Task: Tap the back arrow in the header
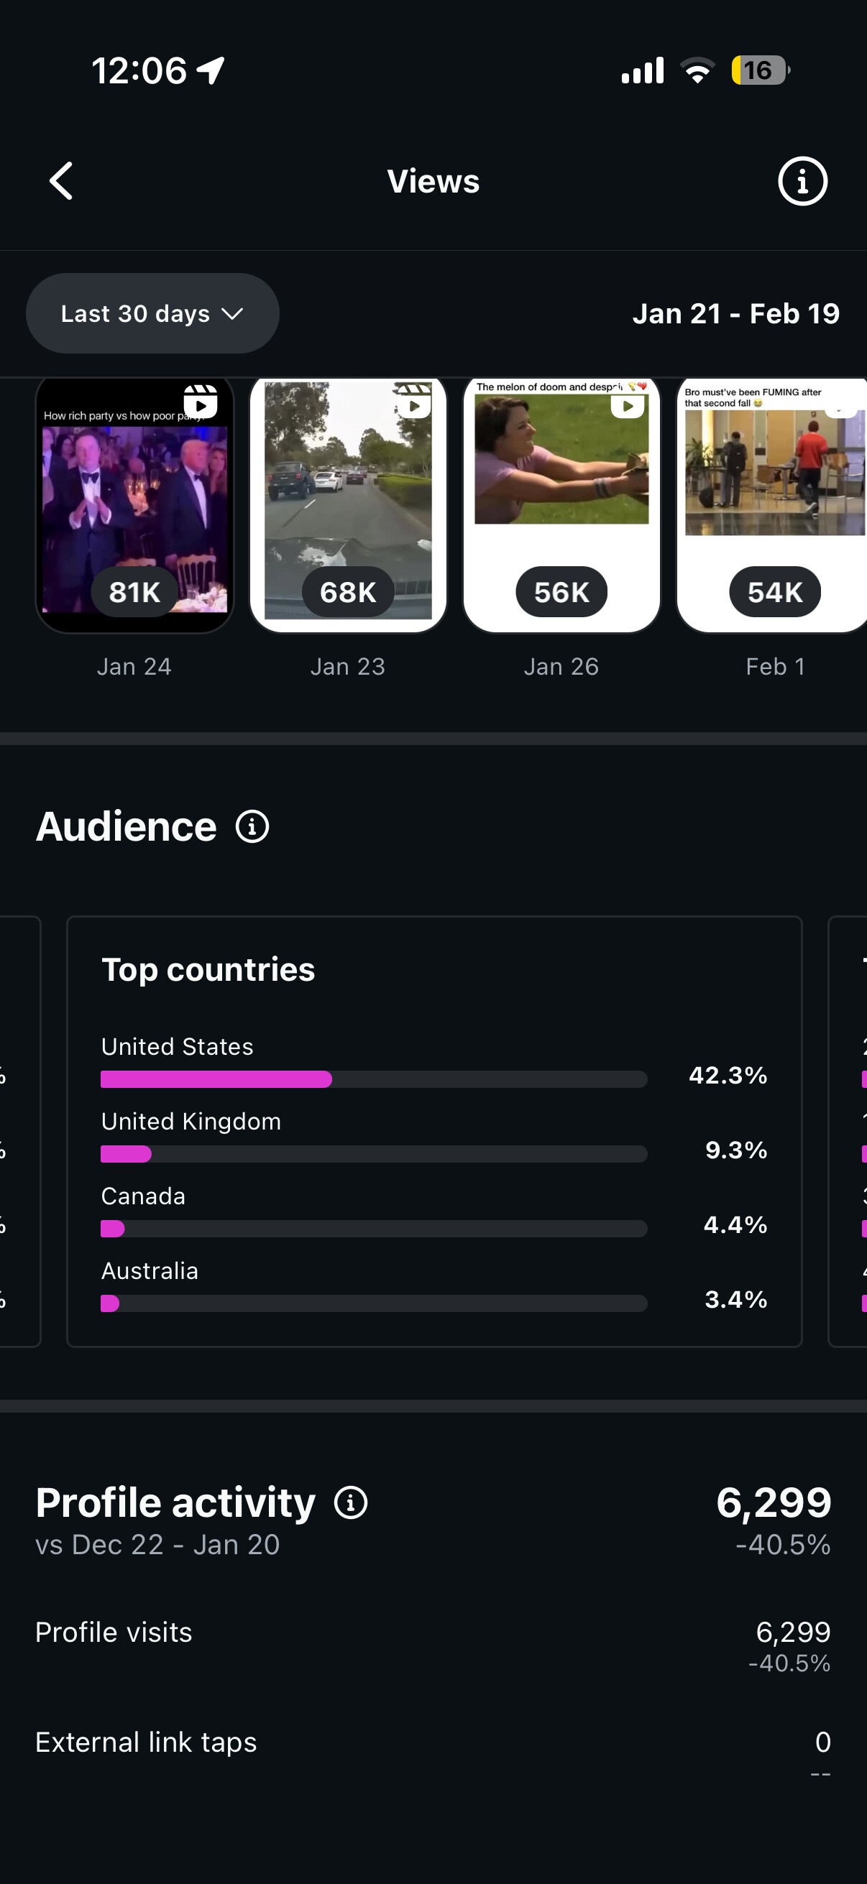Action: click(x=61, y=181)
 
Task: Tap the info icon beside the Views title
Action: click(x=802, y=181)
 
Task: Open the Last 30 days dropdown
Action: click(x=152, y=314)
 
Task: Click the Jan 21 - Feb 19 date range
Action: click(x=735, y=314)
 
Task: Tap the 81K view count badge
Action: click(x=134, y=591)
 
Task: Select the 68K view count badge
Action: click(x=348, y=591)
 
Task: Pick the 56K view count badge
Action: click(x=561, y=591)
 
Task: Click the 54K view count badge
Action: click(x=775, y=591)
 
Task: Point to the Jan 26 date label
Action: click(x=561, y=667)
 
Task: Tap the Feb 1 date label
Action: click(x=775, y=667)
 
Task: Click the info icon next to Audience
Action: click(x=252, y=827)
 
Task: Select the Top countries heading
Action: click(x=208, y=970)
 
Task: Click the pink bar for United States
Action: click(x=216, y=1079)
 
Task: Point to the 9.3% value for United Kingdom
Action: click(x=735, y=1150)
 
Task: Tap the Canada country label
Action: click(x=143, y=1196)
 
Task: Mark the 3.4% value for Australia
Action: click(x=735, y=1300)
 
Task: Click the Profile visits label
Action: click(x=114, y=1633)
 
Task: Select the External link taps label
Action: click(x=147, y=1742)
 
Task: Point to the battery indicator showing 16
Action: click(x=759, y=70)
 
